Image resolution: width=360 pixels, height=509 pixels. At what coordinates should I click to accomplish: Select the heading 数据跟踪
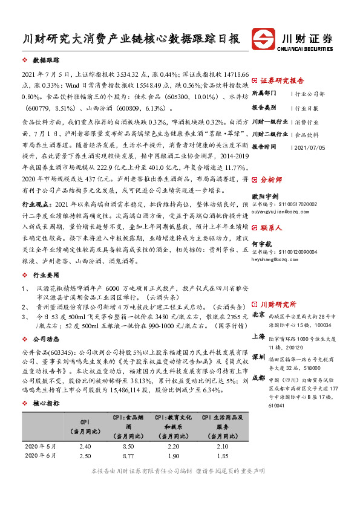point(47,62)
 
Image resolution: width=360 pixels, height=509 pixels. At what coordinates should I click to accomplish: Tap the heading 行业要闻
point(47,275)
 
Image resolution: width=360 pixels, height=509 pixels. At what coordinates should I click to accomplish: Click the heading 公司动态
point(47,339)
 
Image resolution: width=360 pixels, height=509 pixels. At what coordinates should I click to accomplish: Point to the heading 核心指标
point(47,403)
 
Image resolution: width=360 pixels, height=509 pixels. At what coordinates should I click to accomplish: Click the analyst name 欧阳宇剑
point(266,196)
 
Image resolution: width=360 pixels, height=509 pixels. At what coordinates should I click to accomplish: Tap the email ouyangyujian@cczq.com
point(280,212)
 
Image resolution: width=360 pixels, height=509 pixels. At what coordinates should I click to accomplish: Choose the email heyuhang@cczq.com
point(275,258)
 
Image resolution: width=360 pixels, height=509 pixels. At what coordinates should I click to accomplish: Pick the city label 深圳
point(258,355)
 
